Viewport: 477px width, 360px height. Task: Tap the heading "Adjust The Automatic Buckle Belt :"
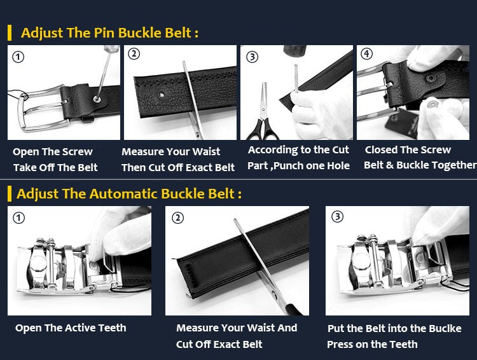pyautogui.click(x=129, y=193)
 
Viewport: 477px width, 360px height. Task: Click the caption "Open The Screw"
pyautogui.click(x=53, y=151)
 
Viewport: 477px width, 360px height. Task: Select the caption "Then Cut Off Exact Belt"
pyautogui.click(x=178, y=168)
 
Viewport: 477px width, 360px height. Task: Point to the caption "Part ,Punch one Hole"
pyautogui.click(x=298, y=165)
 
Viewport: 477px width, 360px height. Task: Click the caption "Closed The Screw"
pyautogui.click(x=408, y=149)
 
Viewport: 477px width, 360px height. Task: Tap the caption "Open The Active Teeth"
pyautogui.click(x=71, y=328)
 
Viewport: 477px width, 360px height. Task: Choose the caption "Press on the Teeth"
pyautogui.click(x=372, y=344)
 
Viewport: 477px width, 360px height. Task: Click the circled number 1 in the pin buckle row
pyautogui.click(x=18, y=57)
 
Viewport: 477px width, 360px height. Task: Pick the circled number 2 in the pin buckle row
pyautogui.click(x=134, y=54)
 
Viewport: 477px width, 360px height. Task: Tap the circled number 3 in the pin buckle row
pyautogui.click(x=252, y=57)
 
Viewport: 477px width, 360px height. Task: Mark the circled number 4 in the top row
pyautogui.click(x=366, y=53)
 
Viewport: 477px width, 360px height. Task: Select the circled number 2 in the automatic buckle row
pyautogui.click(x=178, y=218)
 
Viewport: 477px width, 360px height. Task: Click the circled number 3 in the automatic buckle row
pyautogui.click(x=338, y=216)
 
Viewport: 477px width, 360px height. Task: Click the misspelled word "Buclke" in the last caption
pyautogui.click(x=444, y=328)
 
